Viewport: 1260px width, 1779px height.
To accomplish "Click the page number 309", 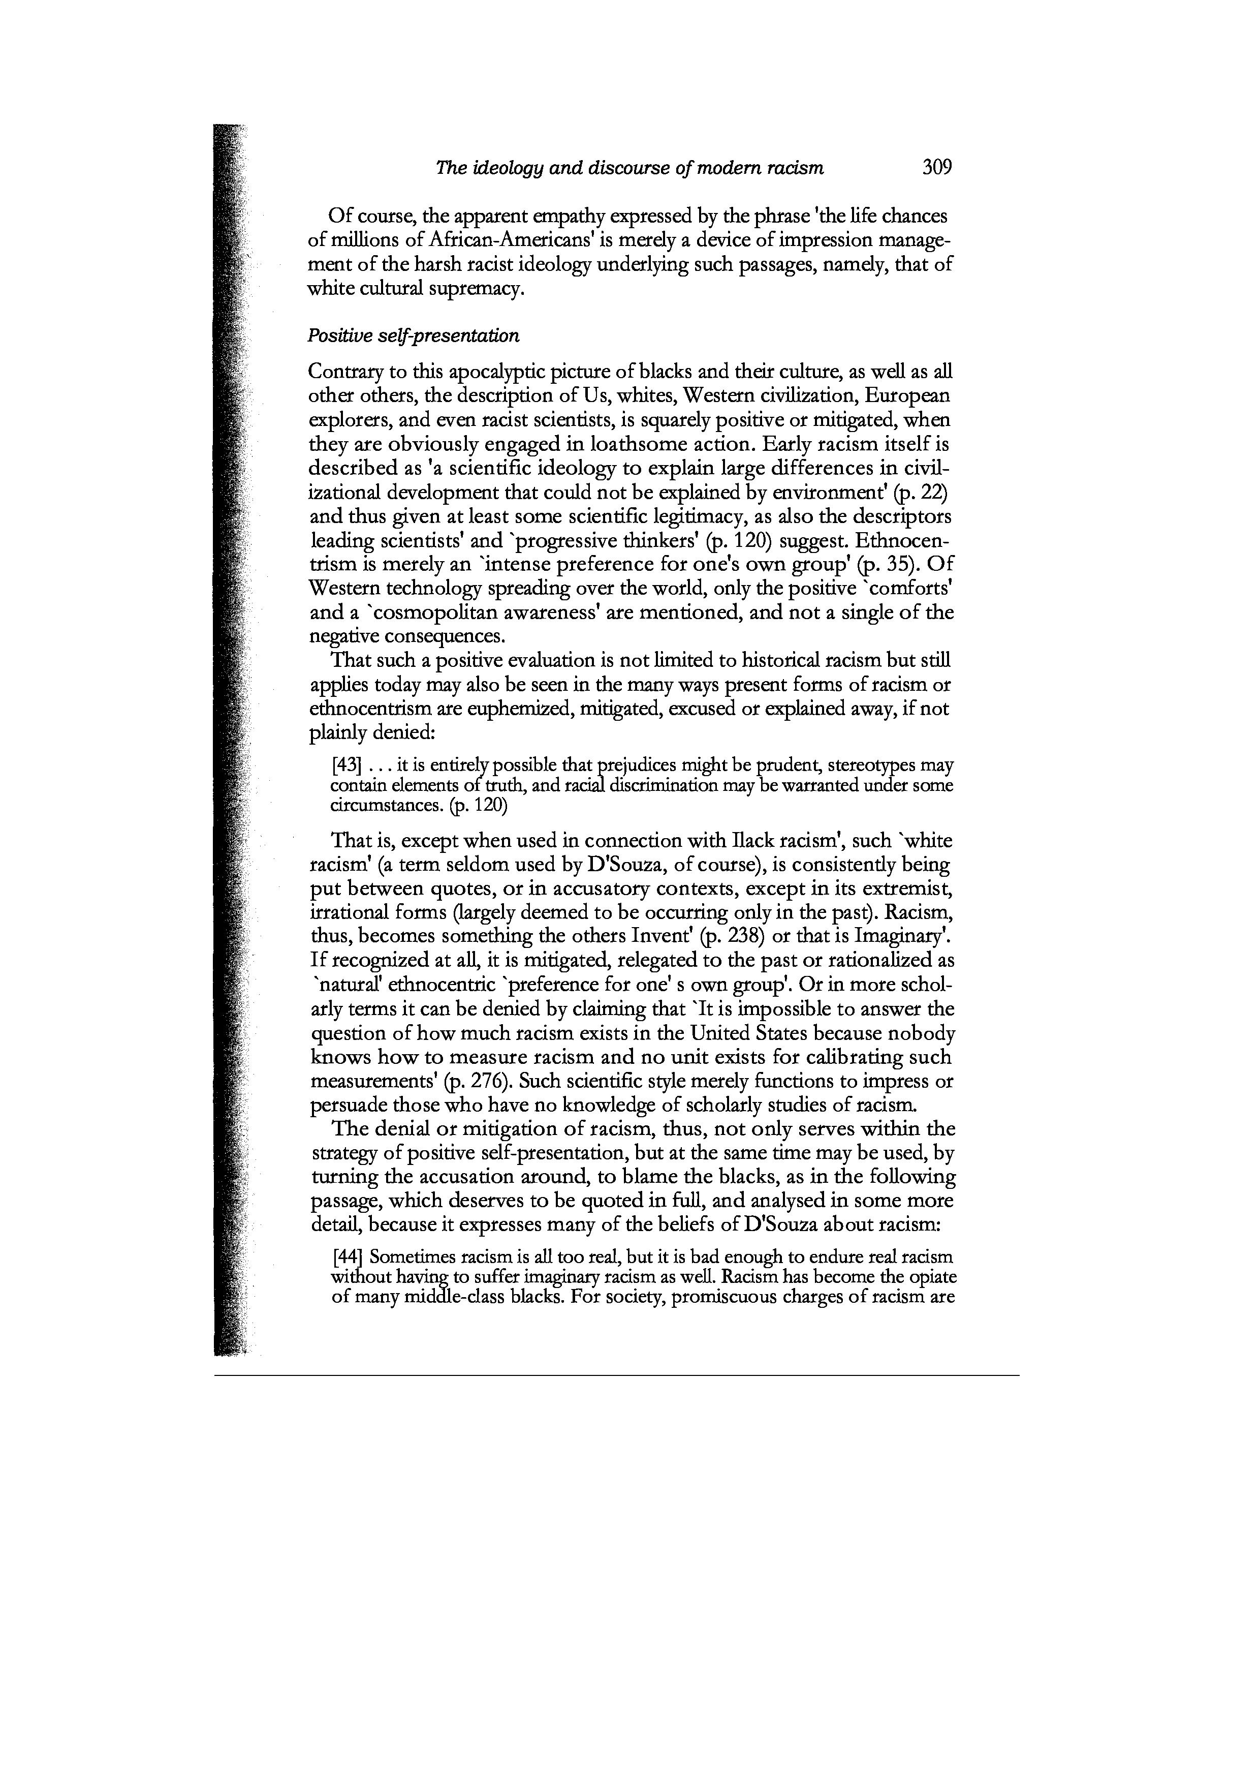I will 936,167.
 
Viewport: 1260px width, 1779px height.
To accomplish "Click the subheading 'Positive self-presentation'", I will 413,335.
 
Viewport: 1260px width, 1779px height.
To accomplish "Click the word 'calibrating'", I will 834,1057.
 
